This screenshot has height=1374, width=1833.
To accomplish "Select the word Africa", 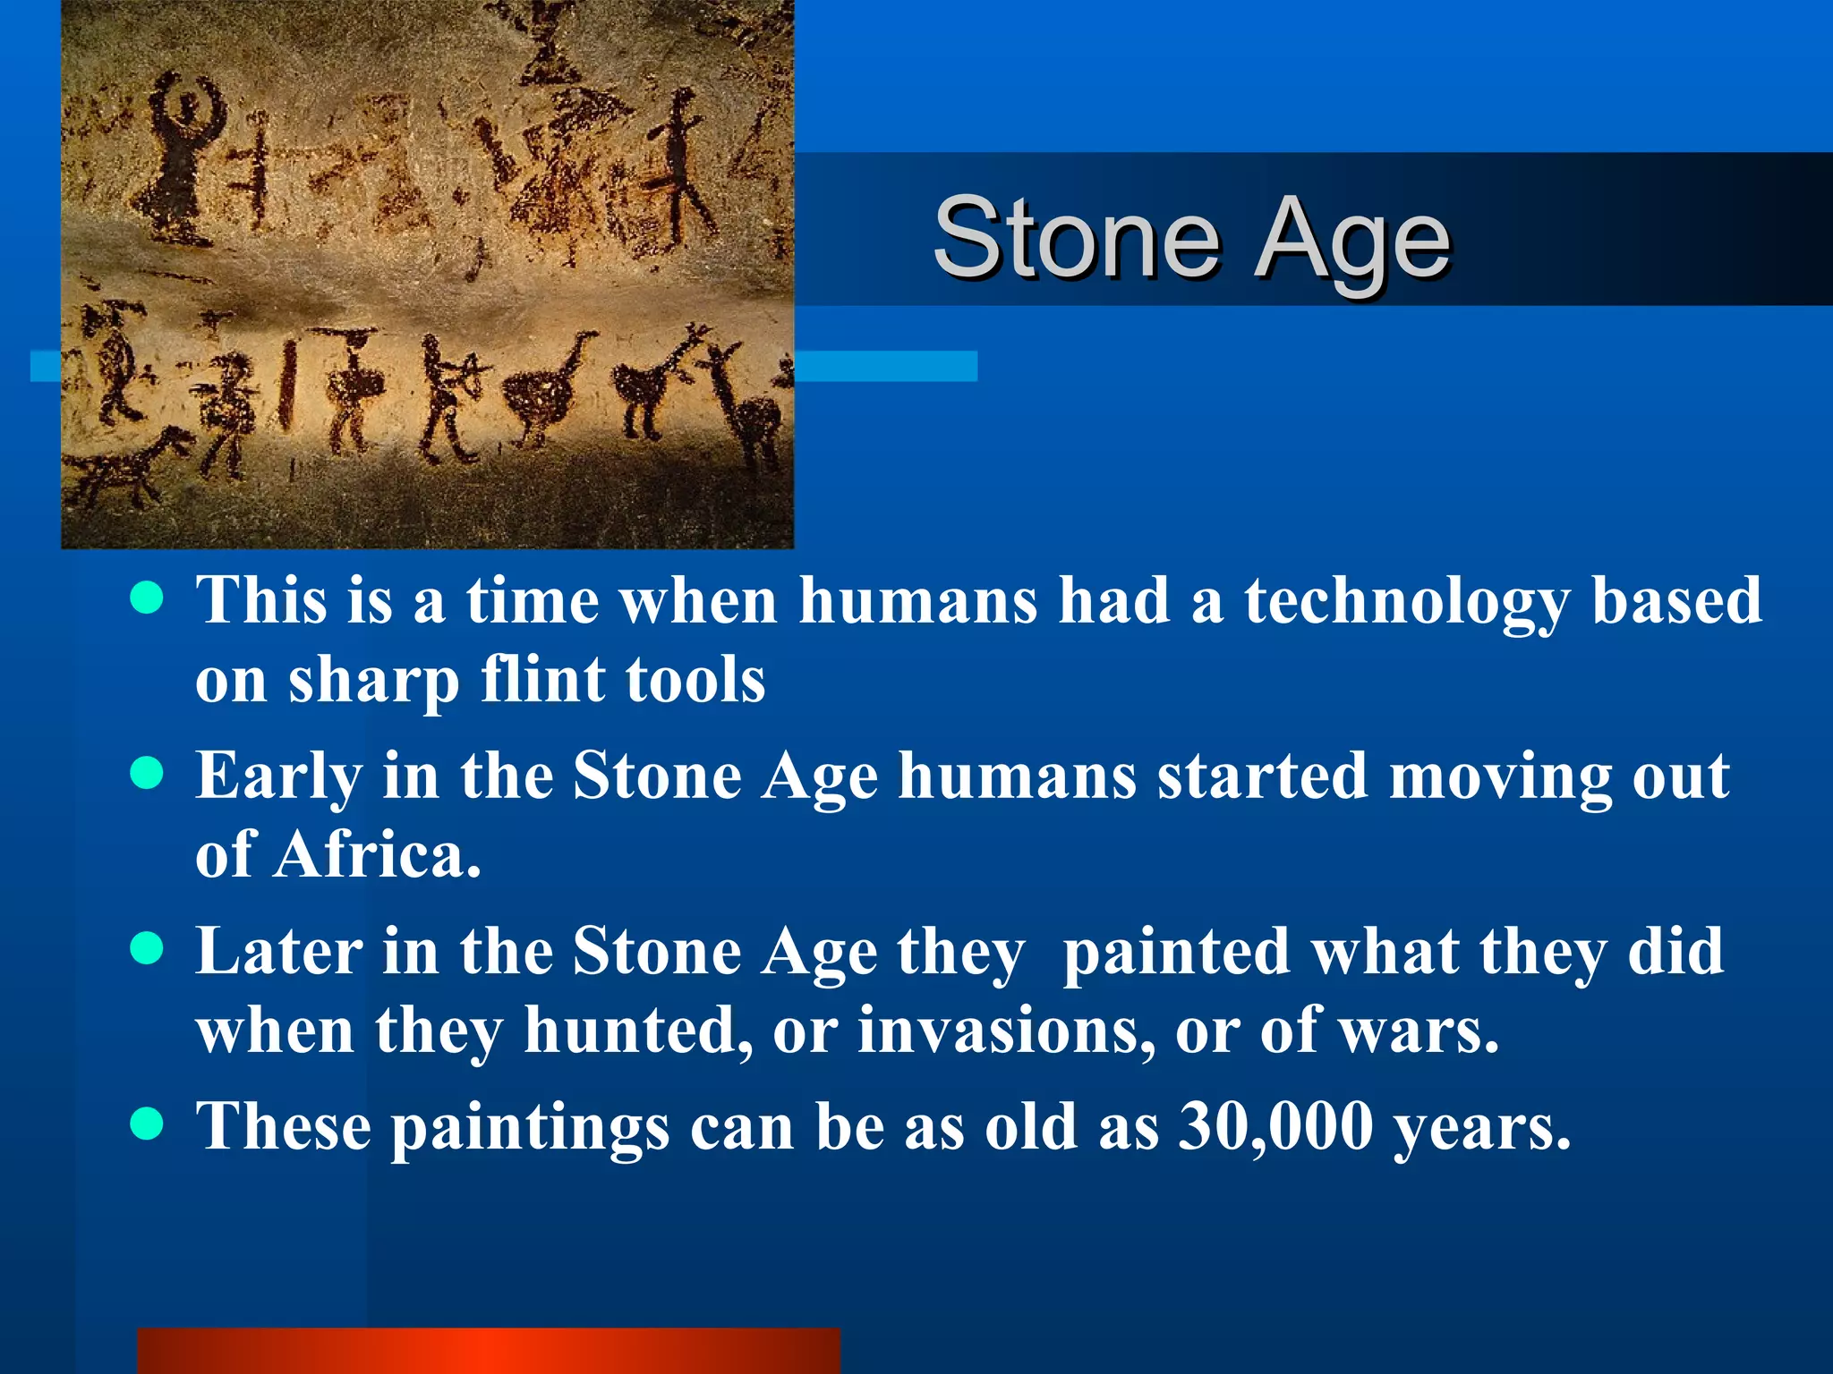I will coord(376,855).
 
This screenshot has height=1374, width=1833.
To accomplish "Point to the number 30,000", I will coord(1275,1125).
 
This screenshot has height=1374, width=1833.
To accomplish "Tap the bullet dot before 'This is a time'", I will coord(146,598).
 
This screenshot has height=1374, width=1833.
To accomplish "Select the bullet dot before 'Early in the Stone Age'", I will coord(146,774).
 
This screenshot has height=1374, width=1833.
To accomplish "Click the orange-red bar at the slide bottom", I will coord(489,1351).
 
